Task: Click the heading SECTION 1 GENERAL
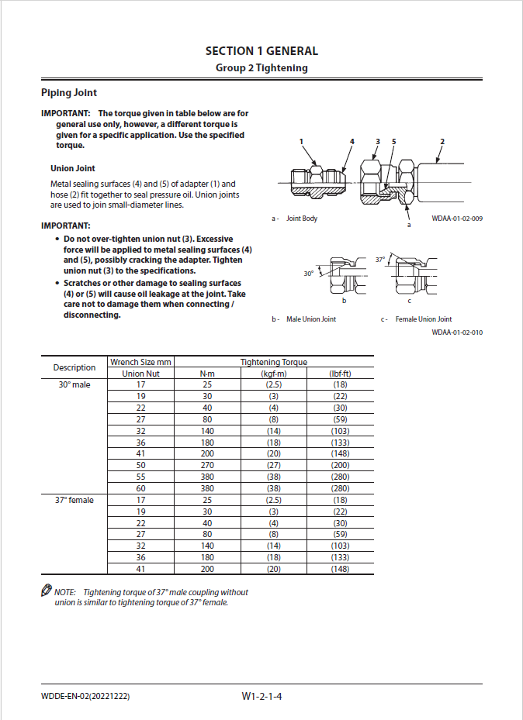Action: [x=261, y=51]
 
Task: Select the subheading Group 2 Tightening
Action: [x=261, y=68]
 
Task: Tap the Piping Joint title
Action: [x=69, y=93]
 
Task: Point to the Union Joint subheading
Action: [x=73, y=168]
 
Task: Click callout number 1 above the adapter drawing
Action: [x=303, y=142]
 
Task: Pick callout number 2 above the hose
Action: [x=442, y=142]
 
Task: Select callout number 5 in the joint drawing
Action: [x=393, y=142]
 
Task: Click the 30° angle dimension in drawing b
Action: [x=308, y=274]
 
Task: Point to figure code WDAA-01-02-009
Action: [x=457, y=219]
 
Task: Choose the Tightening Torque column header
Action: [x=273, y=362]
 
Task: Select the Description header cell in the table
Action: [x=74, y=367]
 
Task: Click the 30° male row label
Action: [x=74, y=384]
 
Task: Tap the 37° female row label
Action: [x=74, y=501]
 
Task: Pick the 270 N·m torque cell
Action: [x=207, y=466]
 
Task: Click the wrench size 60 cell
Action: [x=140, y=489]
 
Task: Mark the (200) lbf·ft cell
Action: [x=340, y=466]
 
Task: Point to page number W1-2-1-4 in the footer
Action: [x=261, y=697]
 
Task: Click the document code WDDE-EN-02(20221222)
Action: [x=85, y=697]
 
